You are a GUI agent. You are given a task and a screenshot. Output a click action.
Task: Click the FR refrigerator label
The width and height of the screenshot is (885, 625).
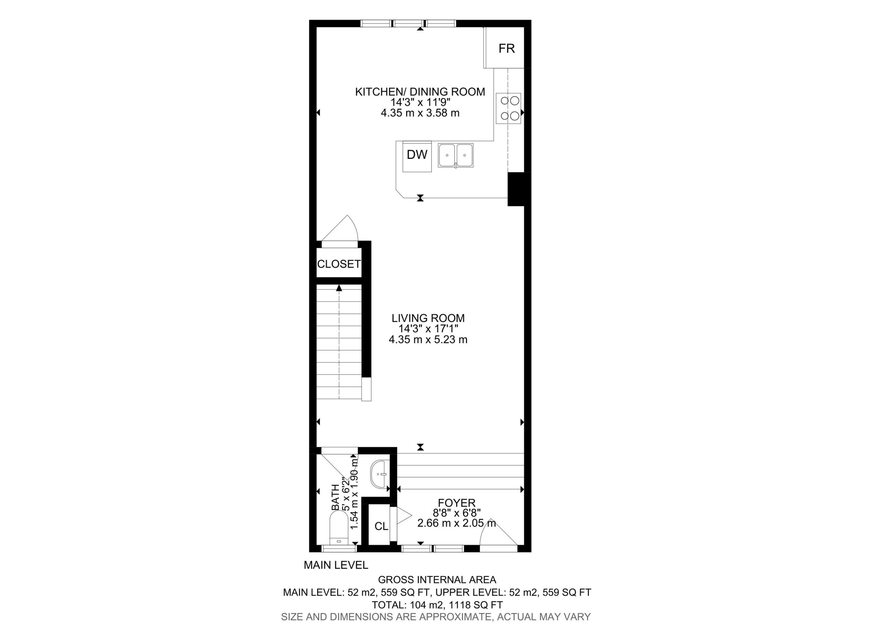(506, 49)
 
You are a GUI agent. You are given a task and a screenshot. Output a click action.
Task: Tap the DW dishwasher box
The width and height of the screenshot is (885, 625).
(417, 155)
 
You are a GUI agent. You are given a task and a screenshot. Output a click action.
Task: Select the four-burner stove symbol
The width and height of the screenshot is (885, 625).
(508, 108)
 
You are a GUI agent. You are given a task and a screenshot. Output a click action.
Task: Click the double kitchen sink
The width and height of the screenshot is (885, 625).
(455, 155)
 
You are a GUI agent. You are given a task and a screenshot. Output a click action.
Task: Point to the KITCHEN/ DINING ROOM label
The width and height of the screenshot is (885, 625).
(420, 92)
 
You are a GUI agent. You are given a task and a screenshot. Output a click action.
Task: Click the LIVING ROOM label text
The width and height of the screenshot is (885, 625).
(428, 318)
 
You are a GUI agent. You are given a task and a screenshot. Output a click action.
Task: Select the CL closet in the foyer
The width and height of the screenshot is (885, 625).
(381, 526)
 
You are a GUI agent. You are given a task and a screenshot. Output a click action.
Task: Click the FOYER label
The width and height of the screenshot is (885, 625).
(456, 503)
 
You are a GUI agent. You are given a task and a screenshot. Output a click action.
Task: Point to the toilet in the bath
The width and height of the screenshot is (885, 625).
(339, 527)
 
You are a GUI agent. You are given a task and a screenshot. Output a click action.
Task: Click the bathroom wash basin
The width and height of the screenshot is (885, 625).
(379, 474)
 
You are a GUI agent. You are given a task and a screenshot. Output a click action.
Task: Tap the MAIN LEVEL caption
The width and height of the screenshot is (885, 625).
(336, 565)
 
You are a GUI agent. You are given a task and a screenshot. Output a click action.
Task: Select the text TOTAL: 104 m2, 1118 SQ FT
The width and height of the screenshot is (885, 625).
(437, 605)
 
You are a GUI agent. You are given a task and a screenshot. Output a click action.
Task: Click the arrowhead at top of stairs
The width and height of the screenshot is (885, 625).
(339, 288)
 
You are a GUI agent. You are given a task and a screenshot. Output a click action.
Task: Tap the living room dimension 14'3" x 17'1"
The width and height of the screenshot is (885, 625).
(428, 329)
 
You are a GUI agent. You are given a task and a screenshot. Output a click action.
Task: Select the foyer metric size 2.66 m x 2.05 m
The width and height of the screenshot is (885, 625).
(456, 523)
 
